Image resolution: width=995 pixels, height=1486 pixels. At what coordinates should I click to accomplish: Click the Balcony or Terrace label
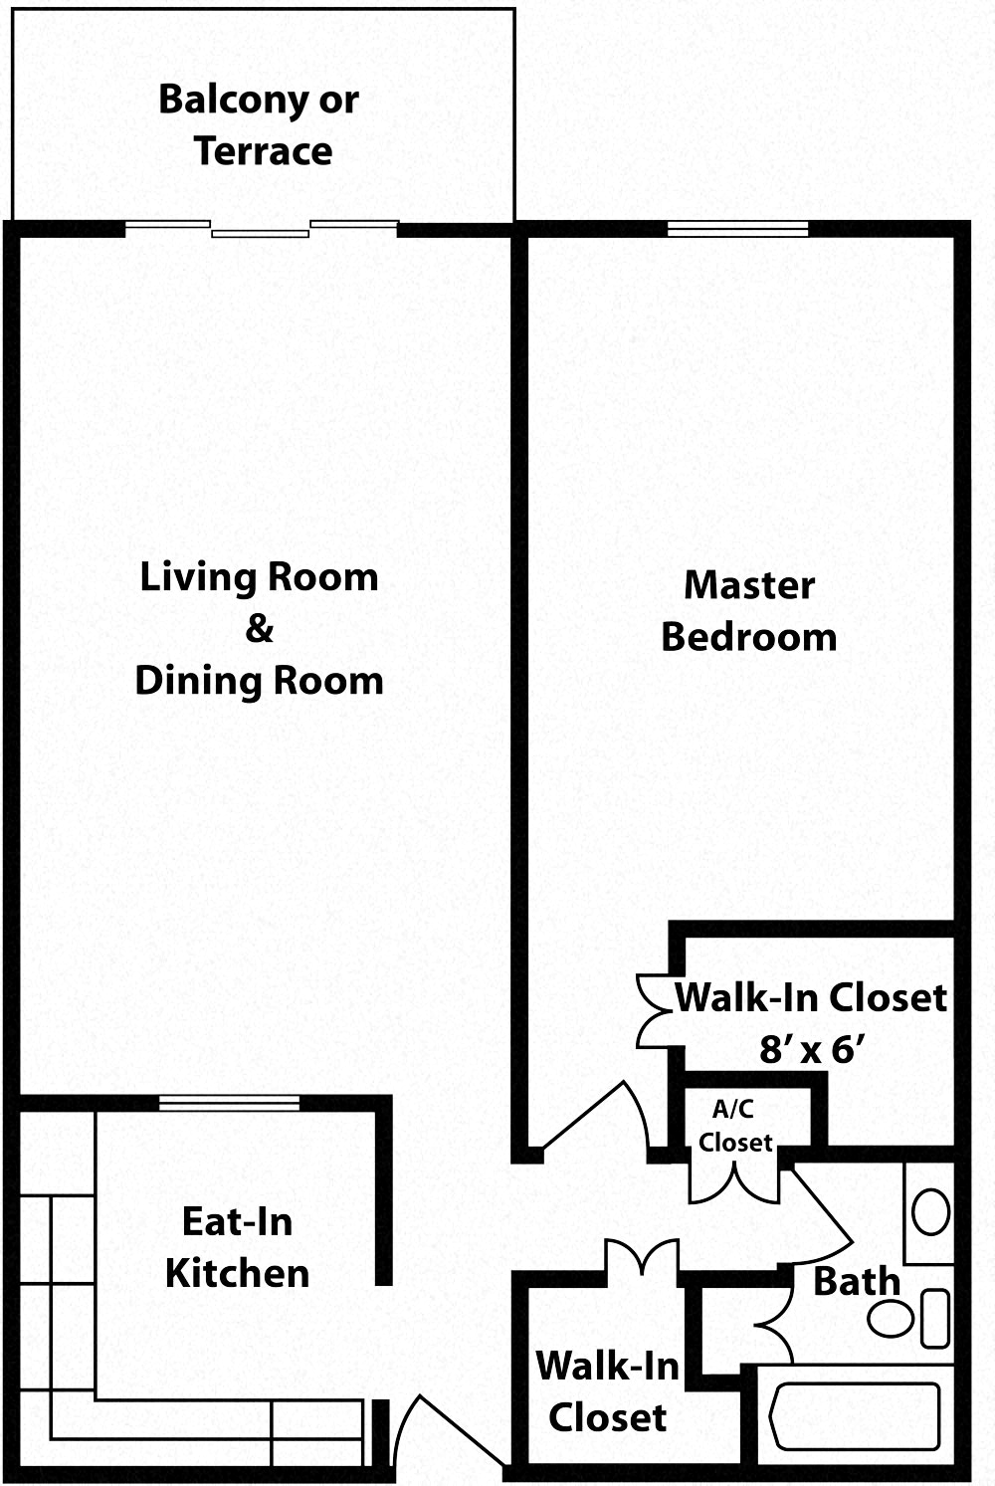tap(259, 125)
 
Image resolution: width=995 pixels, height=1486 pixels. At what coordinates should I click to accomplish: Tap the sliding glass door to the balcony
tap(261, 229)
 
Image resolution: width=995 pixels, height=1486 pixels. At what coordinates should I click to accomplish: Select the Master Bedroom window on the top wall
tap(737, 229)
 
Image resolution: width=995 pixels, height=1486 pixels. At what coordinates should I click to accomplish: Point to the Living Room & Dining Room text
tap(259, 629)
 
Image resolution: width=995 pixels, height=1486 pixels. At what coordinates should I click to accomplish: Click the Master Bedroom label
tap(749, 611)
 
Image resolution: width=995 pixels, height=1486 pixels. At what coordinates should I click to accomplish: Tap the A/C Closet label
tap(734, 1127)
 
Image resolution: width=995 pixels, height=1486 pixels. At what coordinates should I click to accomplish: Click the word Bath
tap(856, 1282)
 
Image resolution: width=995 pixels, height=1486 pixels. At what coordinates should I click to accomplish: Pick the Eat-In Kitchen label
tap(237, 1247)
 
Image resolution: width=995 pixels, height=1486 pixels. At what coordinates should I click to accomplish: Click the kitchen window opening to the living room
tap(229, 1102)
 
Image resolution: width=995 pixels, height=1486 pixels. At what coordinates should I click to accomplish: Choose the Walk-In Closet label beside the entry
tap(607, 1391)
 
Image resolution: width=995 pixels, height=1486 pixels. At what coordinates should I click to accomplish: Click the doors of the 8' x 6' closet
tap(657, 1010)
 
